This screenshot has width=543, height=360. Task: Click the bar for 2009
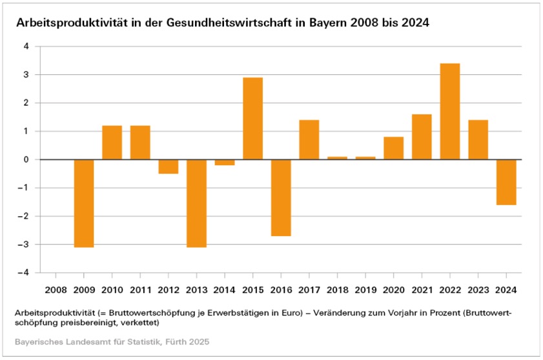(84, 203)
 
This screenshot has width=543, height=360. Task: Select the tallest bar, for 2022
(449, 111)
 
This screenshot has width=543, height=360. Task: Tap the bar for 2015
(252, 118)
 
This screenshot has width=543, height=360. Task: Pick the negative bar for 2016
(281, 197)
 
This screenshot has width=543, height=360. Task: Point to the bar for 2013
(196, 203)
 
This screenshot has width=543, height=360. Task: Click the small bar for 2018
(337, 158)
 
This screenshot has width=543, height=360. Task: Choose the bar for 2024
(506, 182)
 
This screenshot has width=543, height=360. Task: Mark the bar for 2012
(169, 166)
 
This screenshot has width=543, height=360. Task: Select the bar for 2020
(393, 148)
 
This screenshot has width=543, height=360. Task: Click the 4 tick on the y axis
(26, 46)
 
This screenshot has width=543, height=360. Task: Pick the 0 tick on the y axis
(26, 159)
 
